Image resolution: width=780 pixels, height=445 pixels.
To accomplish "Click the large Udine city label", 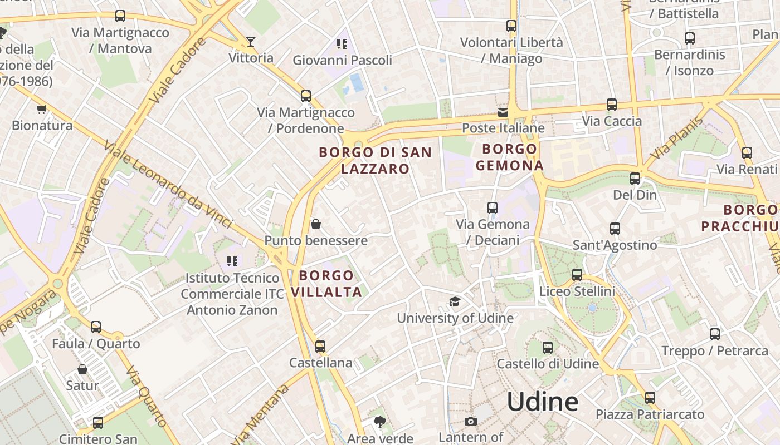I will pyautogui.click(x=543, y=402).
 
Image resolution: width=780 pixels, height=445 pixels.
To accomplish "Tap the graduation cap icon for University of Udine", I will pyautogui.click(x=455, y=302).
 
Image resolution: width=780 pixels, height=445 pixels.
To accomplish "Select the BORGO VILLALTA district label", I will pyautogui.click(x=326, y=284).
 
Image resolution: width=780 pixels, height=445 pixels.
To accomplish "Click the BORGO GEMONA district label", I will pyautogui.click(x=509, y=157).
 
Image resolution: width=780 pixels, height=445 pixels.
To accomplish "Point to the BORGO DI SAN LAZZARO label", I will pyautogui.click(x=375, y=160).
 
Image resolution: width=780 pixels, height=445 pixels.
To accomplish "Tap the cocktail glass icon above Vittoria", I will pyautogui.click(x=251, y=42).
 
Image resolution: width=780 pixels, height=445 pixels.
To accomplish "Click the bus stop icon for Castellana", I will pyautogui.click(x=320, y=347).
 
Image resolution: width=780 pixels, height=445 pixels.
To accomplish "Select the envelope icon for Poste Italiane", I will pyautogui.click(x=503, y=112).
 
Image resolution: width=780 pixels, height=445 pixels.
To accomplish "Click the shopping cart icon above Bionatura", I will pyautogui.click(x=41, y=109).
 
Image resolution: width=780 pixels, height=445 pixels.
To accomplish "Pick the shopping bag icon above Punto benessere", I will pyautogui.click(x=316, y=224).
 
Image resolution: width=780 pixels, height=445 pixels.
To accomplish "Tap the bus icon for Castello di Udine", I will pyautogui.click(x=548, y=348).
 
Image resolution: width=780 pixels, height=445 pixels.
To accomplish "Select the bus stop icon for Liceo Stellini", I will pyautogui.click(x=577, y=275).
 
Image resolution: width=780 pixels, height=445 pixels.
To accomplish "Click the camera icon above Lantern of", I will pyautogui.click(x=471, y=421).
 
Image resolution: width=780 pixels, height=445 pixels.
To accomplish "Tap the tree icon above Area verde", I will pyautogui.click(x=380, y=422).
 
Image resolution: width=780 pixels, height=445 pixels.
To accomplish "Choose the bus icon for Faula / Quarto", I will pyautogui.click(x=96, y=327).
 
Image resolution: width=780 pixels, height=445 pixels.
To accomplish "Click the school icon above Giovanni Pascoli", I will pyautogui.click(x=342, y=43).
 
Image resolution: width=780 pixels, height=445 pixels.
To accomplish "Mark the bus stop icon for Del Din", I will pyautogui.click(x=635, y=179).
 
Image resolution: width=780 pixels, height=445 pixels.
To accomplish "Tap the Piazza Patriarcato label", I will pyautogui.click(x=650, y=414).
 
